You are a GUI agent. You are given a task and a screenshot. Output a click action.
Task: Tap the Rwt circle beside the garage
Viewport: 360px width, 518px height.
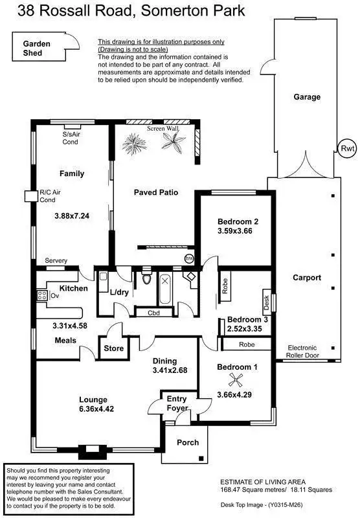click(x=348, y=148)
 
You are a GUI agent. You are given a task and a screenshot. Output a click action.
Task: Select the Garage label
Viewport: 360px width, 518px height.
click(x=307, y=97)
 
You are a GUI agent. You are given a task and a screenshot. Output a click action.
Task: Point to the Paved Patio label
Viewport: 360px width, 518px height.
click(x=155, y=192)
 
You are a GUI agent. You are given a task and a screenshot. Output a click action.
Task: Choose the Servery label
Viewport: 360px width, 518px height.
click(x=56, y=261)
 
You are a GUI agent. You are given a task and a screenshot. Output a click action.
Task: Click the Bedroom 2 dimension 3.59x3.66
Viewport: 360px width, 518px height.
click(x=238, y=231)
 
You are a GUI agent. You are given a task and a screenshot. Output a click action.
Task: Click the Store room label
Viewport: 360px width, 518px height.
click(x=114, y=348)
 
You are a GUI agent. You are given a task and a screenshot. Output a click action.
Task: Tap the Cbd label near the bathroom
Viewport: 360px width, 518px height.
click(x=154, y=313)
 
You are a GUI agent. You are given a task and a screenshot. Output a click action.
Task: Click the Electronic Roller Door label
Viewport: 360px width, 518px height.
click(x=307, y=352)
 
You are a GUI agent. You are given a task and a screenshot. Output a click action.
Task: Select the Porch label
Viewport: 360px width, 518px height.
click(x=185, y=443)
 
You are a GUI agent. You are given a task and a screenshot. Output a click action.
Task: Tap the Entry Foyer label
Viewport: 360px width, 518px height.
click(x=177, y=403)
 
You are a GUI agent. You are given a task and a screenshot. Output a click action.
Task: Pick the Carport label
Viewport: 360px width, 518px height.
click(x=307, y=277)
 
